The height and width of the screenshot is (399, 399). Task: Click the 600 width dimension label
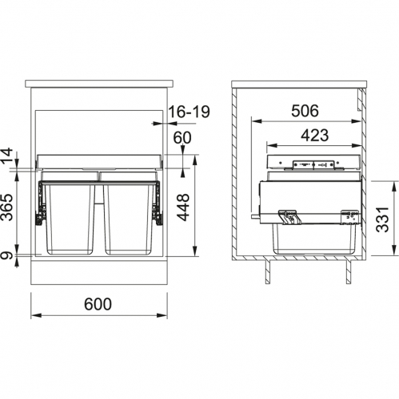tap(96, 304)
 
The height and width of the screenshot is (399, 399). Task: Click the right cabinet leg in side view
tap(347, 271)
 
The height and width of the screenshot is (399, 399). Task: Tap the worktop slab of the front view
tap(102, 82)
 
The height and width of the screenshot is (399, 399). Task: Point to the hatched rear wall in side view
tap(237, 176)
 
